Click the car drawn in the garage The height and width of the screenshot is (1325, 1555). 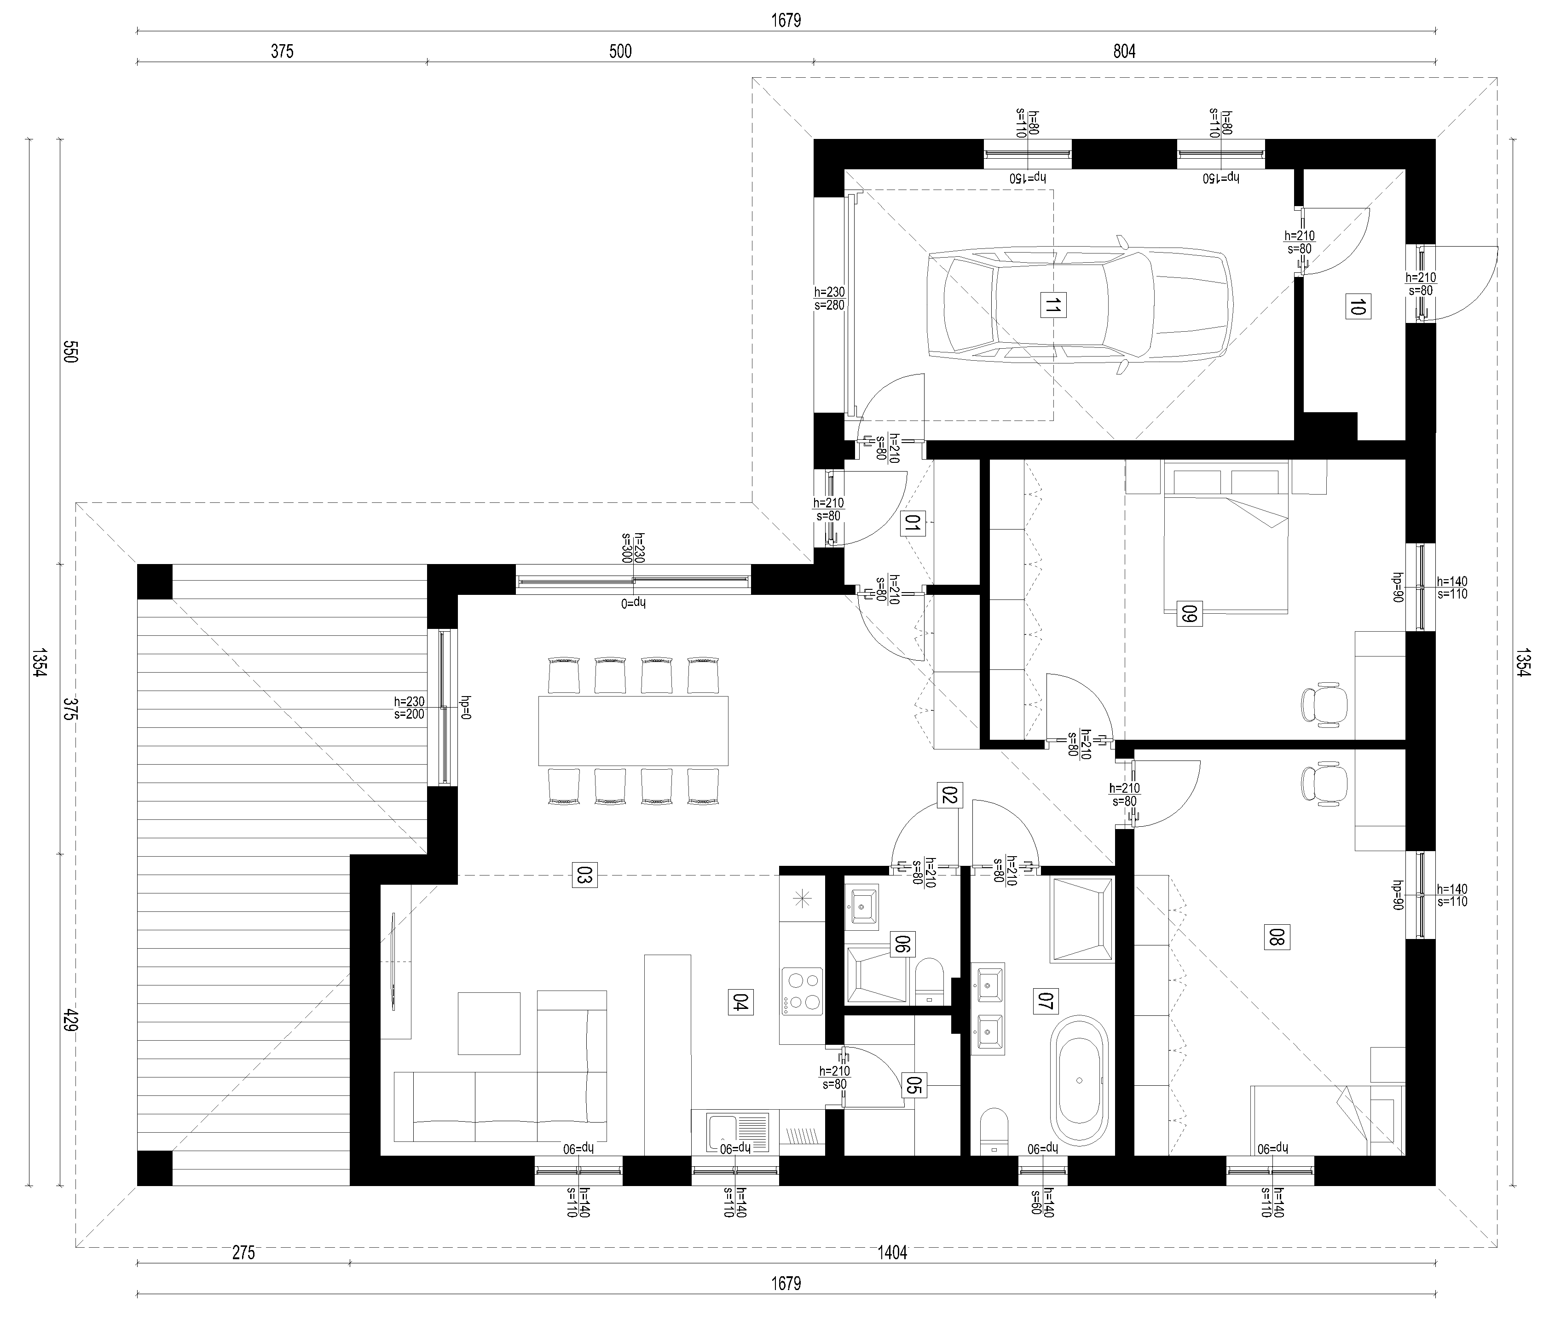1080,306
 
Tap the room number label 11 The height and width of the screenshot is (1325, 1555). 1054,306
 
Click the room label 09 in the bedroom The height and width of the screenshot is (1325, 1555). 1188,615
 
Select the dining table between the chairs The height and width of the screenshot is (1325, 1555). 633,730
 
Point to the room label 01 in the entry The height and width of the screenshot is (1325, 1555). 913,524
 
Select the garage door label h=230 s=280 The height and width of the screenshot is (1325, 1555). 829,299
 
